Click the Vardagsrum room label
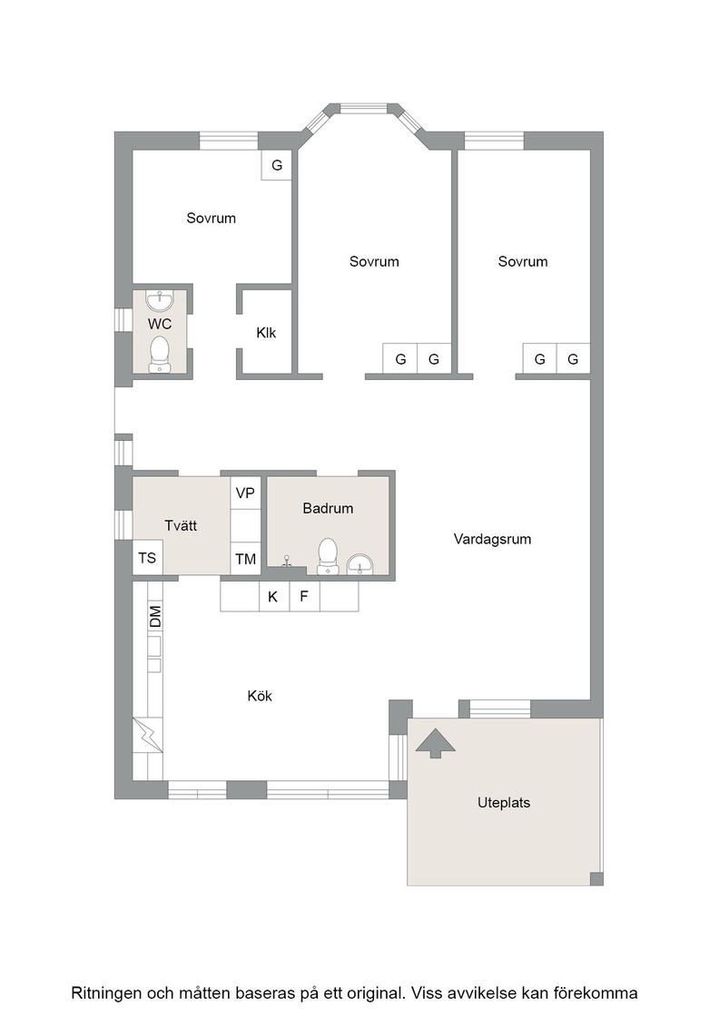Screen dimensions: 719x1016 [x=492, y=539]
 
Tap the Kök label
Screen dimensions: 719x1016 [x=260, y=696]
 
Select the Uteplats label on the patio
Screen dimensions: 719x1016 [x=504, y=803]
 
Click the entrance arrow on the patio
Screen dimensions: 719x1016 [x=435, y=743]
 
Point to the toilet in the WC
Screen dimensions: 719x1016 [x=160, y=354]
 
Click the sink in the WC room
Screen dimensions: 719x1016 [x=160, y=300]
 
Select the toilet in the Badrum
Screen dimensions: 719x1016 [x=328, y=555]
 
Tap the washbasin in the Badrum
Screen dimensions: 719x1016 [x=359, y=564]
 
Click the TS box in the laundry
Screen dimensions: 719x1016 [x=147, y=558]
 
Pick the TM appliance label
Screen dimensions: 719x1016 [x=246, y=559]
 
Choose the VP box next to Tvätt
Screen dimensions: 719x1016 [x=245, y=493]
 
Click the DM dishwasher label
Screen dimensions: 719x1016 [x=155, y=616]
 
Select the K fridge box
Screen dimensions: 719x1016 [x=273, y=596]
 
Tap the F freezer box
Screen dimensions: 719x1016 [x=304, y=596]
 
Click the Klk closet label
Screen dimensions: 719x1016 [x=267, y=333]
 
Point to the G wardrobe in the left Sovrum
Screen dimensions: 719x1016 [x=277, y=165]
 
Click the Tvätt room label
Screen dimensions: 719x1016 [x=181, y=525]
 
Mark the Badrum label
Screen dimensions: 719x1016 [x=328, y=508]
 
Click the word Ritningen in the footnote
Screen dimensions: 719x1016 [x=106, y=993]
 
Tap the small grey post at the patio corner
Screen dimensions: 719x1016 [x=596, y=879]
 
